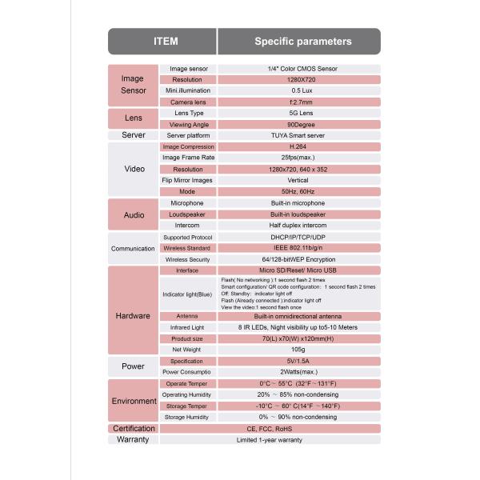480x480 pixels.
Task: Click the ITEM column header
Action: (x=165, y=42)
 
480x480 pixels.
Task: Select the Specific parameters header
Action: (x=302, y=42)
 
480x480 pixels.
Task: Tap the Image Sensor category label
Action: (x=132, y=85)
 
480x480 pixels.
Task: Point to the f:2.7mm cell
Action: (x=300, y=102)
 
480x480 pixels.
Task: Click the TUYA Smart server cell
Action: (x=299, y=136)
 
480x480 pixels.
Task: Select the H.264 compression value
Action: (x=298, y=147)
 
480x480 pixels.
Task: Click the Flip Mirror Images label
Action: (x=189, y=181)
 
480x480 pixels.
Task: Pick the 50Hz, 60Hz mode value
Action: (x=299, y=192)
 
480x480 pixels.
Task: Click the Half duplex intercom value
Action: (x=298, y=226)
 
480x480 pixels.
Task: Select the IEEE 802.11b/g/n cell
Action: (x=298, y=248)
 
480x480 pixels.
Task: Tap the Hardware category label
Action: (x=134, y=315)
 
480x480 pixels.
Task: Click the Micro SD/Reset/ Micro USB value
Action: (x=298, y=270)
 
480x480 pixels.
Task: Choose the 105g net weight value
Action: (x=298, y=350)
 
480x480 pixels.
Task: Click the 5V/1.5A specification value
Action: (x=298, y=362)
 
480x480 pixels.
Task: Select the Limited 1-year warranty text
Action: (x=270, y=440)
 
